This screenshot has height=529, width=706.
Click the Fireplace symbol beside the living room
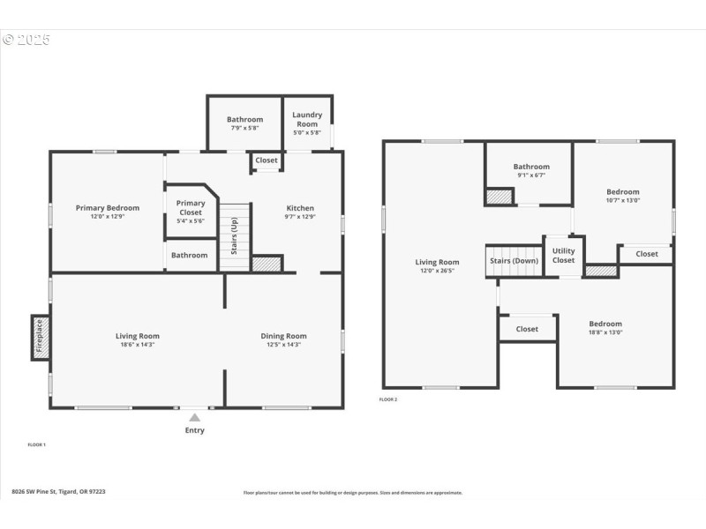(40, 337)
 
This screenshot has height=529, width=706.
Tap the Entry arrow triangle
(194, 418)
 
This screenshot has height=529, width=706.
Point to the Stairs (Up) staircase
(235, 236)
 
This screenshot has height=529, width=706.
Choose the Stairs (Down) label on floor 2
(514, 261)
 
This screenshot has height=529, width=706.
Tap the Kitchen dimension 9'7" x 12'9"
(300, 216)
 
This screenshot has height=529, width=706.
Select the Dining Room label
(283, 336)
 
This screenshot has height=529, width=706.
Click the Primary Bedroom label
(107, 208)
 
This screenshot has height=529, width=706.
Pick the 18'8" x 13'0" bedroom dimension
(605, 332)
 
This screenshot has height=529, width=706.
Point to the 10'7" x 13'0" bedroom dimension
(622, 200)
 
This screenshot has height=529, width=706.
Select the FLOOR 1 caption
(36, 444)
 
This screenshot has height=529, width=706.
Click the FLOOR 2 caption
(388, 399)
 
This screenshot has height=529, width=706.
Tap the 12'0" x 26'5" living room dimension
(438, 271)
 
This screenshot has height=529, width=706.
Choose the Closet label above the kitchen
(266, 160)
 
